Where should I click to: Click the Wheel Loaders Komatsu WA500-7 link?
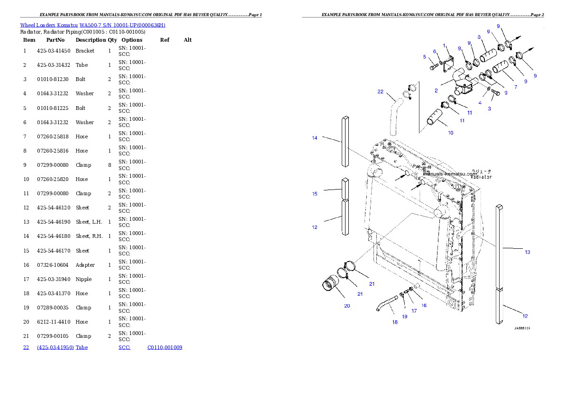[x=92, y=25]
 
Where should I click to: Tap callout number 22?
[x=380, y=91]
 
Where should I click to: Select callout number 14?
[x=315, y=138]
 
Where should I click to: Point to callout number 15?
[x=315, y=194]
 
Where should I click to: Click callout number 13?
[x=528, y=252]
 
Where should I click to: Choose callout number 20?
[x=347, y=306]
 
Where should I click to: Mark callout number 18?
[x=395, y=322]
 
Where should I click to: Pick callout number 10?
[x=450, y=133]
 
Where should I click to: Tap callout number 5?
[x=425, y=57]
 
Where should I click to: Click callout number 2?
[x=436, y=90]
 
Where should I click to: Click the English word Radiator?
[x=481, y=177]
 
